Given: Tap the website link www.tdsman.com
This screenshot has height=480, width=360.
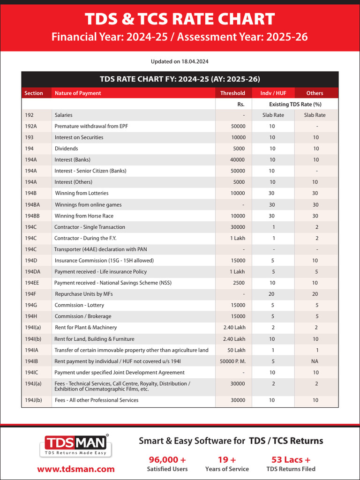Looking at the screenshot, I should coord(76,469).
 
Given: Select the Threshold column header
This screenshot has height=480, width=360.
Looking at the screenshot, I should coord(232,93).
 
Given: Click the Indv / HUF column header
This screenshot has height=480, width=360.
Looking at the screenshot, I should coord(273,93).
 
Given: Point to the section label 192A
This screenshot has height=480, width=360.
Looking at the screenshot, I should coord(32,126).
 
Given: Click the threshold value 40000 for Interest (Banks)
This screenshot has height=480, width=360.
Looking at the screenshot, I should coord(238,160).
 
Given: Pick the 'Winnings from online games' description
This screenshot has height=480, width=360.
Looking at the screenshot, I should coord(88,204).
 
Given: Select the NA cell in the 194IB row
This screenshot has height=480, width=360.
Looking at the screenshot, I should coord(315,361).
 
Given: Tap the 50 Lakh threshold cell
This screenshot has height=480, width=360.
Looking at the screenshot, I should coord(236,350).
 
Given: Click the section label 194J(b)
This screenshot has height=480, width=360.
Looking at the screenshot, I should coord(33,400).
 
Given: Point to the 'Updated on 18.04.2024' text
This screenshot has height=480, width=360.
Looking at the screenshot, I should coord(180,61).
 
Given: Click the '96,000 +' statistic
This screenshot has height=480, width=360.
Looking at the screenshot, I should coord(167,459).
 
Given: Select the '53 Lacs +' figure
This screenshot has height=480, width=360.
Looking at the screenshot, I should coord(291,459).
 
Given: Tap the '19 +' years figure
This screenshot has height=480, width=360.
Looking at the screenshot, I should coord(227,459).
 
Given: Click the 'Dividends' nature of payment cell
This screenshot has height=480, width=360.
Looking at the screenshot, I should coord(66,149).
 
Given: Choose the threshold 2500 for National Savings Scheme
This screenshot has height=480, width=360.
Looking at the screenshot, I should coord(239,283).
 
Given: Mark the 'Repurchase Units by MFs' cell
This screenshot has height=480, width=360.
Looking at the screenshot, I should coord(84,294).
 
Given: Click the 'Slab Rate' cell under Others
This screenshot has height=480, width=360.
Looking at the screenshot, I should coord(315,115).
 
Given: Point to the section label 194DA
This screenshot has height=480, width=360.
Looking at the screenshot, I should coord(33,271).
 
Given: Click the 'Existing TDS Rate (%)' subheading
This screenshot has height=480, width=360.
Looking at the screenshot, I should coord(295,104).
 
